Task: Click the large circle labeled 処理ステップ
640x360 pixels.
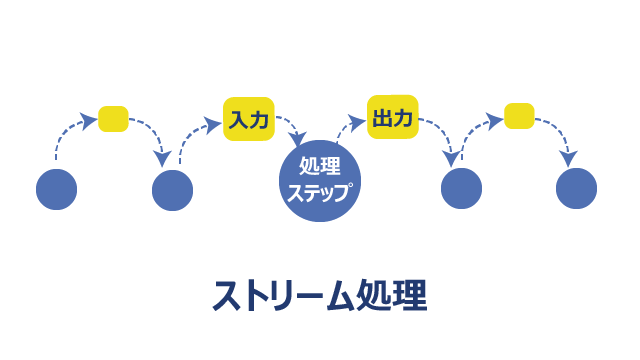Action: [x=320, y=181]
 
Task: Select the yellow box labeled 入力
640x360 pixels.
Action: [x=249, y=119]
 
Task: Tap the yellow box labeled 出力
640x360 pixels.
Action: [x=393, y=117]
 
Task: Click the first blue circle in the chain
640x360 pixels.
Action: [x=56, y=189]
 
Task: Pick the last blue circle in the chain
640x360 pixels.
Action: [x=576, y=189]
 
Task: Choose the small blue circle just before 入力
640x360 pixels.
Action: [x=172, y=190]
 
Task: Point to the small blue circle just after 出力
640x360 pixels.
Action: [x=461, y=189]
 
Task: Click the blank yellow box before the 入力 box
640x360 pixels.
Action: [x=113, y=119]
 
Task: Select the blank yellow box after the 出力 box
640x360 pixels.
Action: [x=519, y=116]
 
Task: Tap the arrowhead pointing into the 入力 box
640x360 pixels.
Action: [x=213, y=124]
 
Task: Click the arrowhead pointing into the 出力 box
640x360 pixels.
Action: [x=358, y=122]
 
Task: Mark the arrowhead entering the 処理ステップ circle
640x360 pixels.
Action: [x=298, y=138]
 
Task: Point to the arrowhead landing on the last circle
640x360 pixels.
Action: [x=569, y=158]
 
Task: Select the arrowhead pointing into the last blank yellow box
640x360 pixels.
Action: [x=495, y=120]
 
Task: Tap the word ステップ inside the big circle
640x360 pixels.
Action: [x=319, y=192]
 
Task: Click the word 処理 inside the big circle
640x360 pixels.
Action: [x=320, y=166]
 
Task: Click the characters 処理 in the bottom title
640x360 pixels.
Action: [x=392, y=296]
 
